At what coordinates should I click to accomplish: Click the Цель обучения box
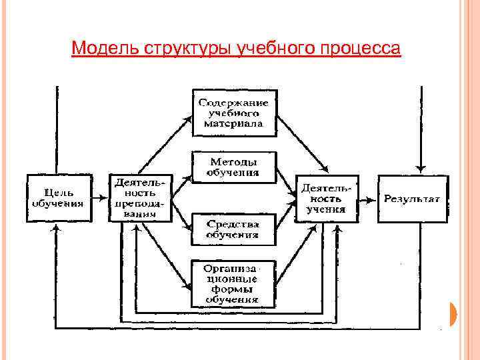tap(59, 198)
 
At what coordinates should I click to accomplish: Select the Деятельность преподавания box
tap(140, 198)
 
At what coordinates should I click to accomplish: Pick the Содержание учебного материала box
tap(234, 113)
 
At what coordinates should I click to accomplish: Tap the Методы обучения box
tap(234, 167)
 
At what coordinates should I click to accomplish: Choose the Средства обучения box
tap(234, 228)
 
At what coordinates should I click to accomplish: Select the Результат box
tap(413, 199)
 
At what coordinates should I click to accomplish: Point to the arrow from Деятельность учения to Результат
tap(367, 198)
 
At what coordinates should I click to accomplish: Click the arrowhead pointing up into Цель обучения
tap(57, 227)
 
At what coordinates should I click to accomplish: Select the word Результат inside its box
tap(413, 199)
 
